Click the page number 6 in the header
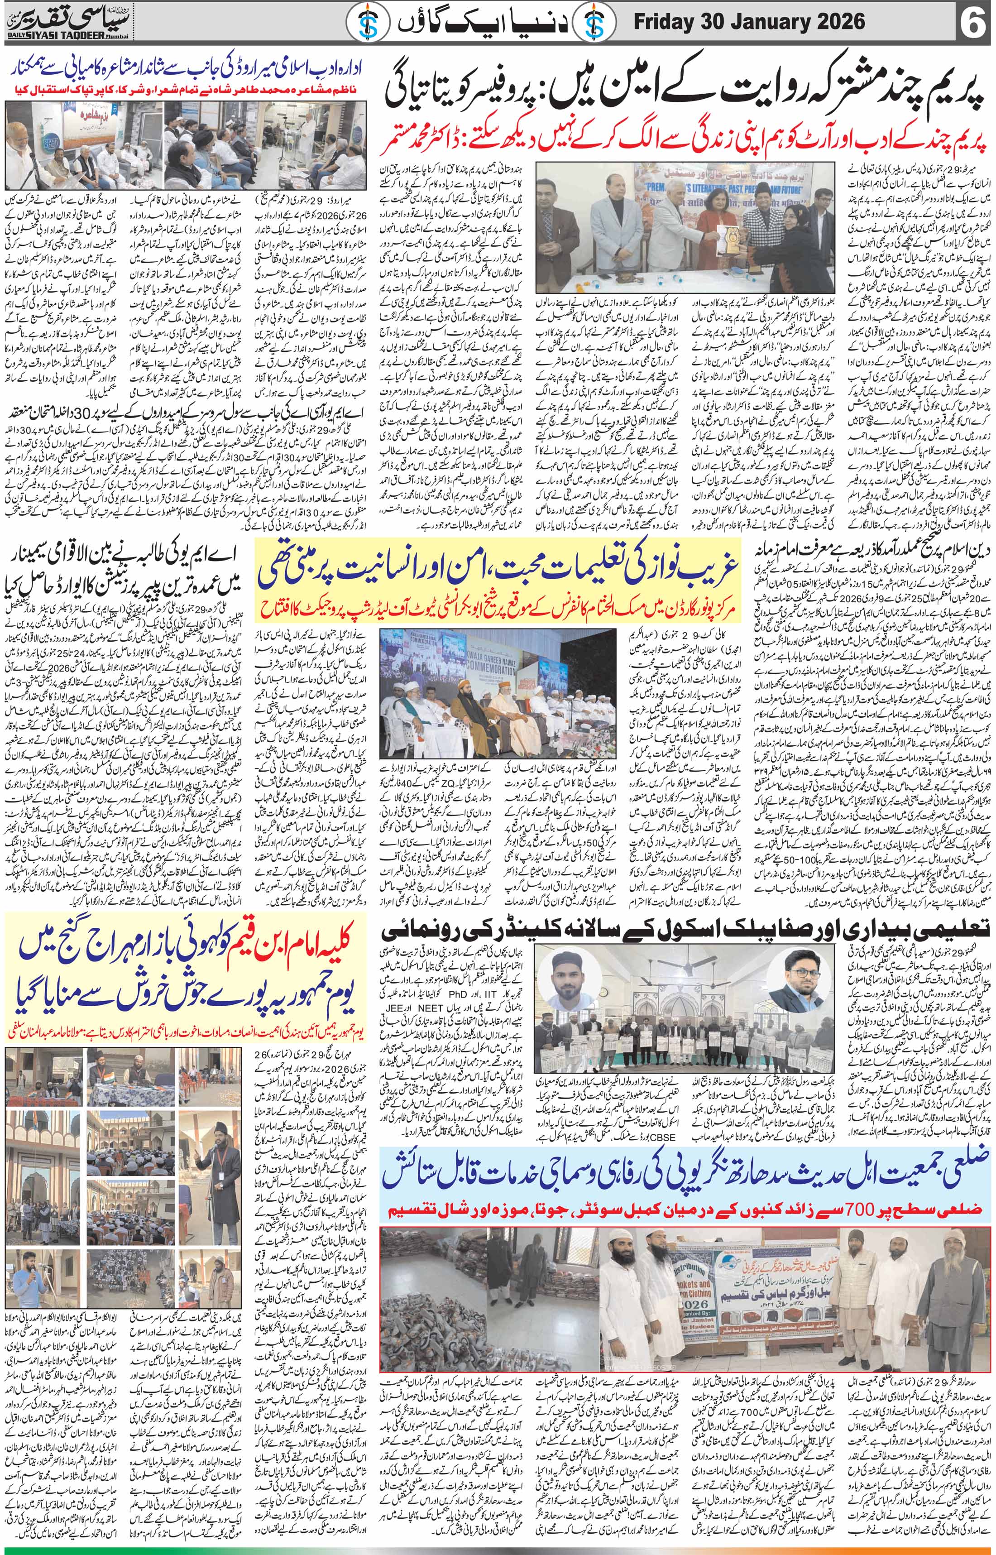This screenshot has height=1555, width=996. click(973, 24)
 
